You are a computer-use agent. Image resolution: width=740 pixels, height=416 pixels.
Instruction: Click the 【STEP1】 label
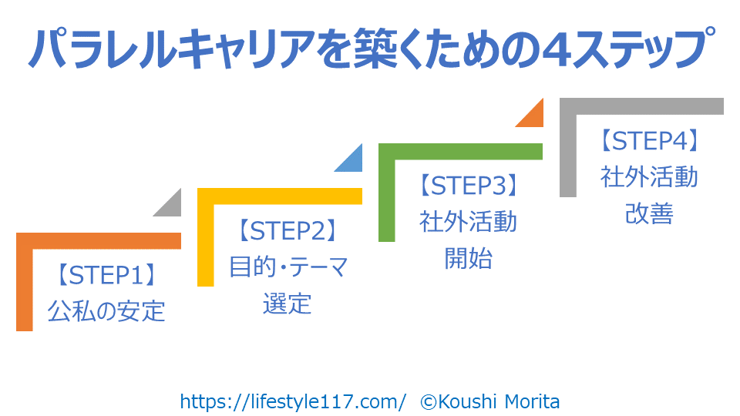pyautogui.click(x=106, y=275)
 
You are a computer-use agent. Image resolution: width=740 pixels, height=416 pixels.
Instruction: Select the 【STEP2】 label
pyautogui.click(x=288, y=230)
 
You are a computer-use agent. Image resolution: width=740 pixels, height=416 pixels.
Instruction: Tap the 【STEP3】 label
pyautogui.click(x=469, y=186)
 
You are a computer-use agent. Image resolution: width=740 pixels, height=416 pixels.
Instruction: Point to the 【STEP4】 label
pyautogui.click(x=649, y=140)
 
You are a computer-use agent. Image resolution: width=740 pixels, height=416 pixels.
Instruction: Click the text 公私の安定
pyautogui.click(x=106, y=311)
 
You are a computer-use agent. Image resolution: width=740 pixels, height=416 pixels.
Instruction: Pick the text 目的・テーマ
pyautogui.click(x=288, y=267)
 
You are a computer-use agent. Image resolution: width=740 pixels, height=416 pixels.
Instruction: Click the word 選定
pyautogui.click(x=288, y=304)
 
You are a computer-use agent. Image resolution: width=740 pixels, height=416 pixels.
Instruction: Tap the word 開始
pyautogui.click(x=469, y=259)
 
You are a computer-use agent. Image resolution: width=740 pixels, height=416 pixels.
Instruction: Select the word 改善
pyautogui.click(x=649, y=213)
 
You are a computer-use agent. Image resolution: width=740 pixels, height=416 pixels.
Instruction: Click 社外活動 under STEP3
pyautogui.click(x=469, y=222)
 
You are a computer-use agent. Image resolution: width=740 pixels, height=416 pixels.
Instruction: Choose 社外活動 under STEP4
pyautogui.click(x=649, y=177)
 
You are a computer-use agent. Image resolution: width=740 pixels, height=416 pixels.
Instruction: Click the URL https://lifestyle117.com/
pyautogui.click(x=293, y=402)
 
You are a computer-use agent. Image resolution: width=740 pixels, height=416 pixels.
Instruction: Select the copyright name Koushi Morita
pyautogui.click(x=499, y=402)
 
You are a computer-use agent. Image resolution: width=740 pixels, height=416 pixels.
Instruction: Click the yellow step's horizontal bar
pyautogui.click(x=280, y=196)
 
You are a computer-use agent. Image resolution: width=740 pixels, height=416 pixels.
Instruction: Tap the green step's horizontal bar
pyautogui.click(x=461, y=152)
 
